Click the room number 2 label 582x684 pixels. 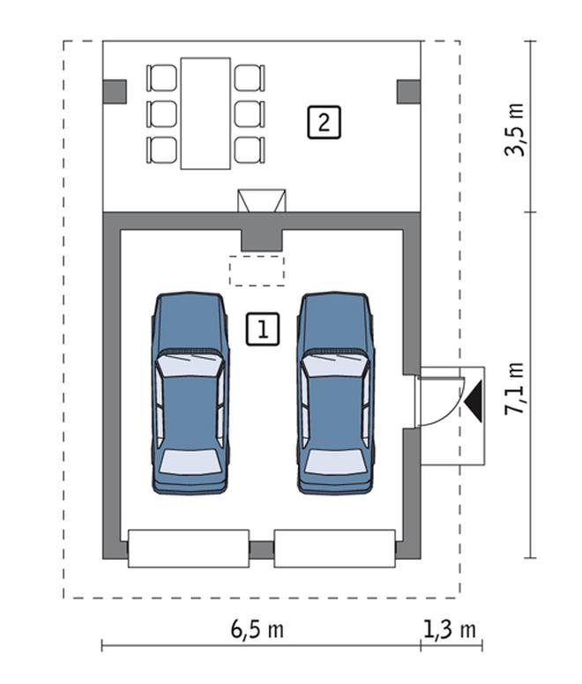tap(324, 121)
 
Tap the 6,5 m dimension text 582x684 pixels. tap(257, 629)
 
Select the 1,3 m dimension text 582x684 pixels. tap(450, 629)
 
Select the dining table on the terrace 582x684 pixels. tap(205, 113)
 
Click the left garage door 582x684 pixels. tap(189, 548)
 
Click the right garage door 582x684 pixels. tap(334, 548)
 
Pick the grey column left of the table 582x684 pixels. tap(115, 91)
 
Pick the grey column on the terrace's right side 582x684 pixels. tap(408, 91)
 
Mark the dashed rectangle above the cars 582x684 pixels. tap(257, 271)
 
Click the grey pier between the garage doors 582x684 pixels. tap(262, 549)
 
